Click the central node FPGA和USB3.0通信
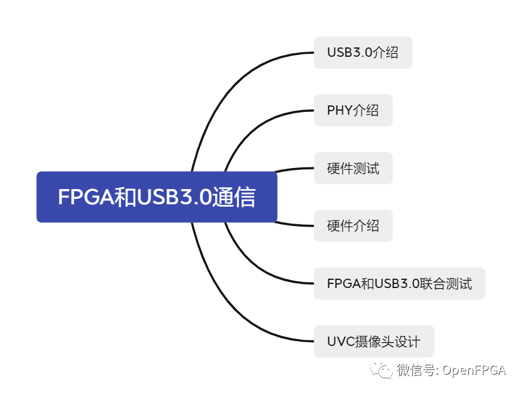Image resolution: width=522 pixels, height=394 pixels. pyautogui.click(x=156, y=197)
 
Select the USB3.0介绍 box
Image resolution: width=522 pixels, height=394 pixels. pyautogui.click(x=362, y=53)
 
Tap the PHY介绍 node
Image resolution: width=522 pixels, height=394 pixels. pyautogui.click(x=352, y=110)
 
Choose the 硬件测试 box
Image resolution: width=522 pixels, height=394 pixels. pyautogui.click(x=352, y=169)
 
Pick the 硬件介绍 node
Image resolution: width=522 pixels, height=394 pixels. pyautogui.click(x=352, y=225)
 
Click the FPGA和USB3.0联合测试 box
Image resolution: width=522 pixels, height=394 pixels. pyautogui.click(x=399, y=283)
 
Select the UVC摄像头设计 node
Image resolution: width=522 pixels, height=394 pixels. pyautogui.click(x=374, y=341)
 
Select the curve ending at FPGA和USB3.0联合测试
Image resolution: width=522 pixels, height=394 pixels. pyautogui.click(x=251, y=266)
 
